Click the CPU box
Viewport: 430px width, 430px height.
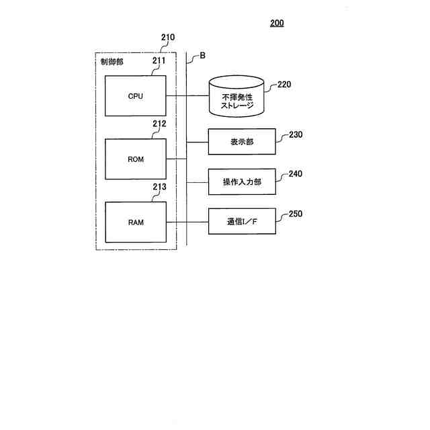point(135,95)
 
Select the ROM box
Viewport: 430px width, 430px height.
point(135,159)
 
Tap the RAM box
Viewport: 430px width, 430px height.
point(135,222)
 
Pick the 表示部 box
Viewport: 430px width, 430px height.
point(242,142)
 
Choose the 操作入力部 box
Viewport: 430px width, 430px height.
point(242,181)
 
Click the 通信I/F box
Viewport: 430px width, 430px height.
point(242,221)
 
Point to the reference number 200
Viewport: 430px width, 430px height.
point(277,23)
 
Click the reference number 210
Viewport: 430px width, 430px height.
point(168,37)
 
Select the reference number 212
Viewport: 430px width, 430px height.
point(159,124)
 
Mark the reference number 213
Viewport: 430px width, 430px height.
point(159,187)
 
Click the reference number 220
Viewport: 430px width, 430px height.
point(285,85)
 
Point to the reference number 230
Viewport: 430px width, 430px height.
point(296,134)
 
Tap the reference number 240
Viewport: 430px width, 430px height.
point(296,174)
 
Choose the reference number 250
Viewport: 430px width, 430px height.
point(296,214)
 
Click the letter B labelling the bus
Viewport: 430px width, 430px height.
point(202,56)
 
